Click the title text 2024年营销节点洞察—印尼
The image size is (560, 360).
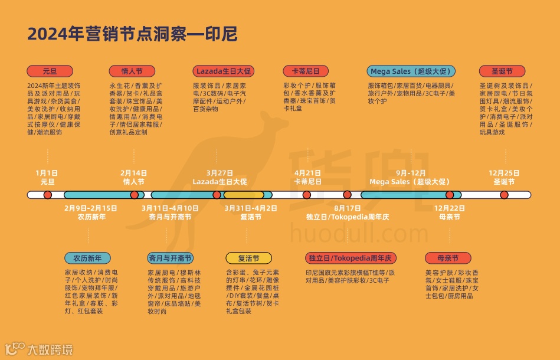pos(132,34)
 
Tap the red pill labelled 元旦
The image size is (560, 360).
pos(50,71)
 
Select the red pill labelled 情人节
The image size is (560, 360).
pos(132,71)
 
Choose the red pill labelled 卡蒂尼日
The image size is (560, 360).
pos(306,71)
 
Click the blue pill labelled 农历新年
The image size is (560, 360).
pos(87,258)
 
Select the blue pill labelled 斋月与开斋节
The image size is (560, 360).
pos(170,258)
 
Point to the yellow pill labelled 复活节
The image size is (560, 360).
pos(249,258)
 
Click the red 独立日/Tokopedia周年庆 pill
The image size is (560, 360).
pos(351,258)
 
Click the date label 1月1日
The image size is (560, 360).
pos(47,173)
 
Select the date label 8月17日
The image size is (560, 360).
pos(347,208)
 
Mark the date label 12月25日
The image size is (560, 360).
pos(504,173)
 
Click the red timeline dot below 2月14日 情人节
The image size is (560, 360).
pos(134,195)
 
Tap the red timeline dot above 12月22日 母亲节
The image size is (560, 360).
pos(450,195)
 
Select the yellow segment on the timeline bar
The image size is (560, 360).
pos(243,195)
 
